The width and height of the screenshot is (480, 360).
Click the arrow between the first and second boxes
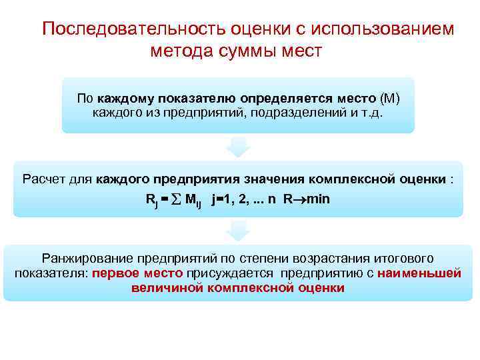(238, 147)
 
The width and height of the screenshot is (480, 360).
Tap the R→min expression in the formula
(307, 199)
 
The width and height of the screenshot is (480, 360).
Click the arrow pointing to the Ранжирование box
(238, 231)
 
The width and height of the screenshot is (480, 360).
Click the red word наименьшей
(419, 273)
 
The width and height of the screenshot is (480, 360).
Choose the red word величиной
(167, 288)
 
